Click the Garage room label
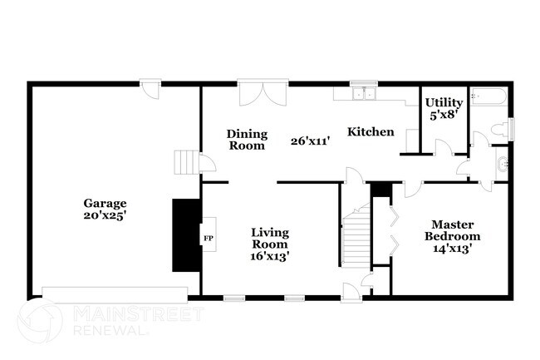[x=104, y=203]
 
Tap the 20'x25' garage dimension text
[x=104, y=215]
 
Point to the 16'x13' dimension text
[x=270, y=256]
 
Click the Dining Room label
[x=247, y=139]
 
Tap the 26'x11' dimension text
[x=311, y=141]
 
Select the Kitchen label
[x=371, y=131]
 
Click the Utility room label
[x=444, y=102]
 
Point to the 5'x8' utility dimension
[x=444, y=116]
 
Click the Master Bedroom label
[x=454, y=229]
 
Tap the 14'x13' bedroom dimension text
[x=454, y=248]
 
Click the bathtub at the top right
[x=488, y=98]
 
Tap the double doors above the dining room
[x=263, y=93]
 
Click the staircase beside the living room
[x=356, y=235]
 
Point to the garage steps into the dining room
[x=188, y=161]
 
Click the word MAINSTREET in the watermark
[x=137, y=313]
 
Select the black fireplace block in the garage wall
[x=186, y=234]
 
